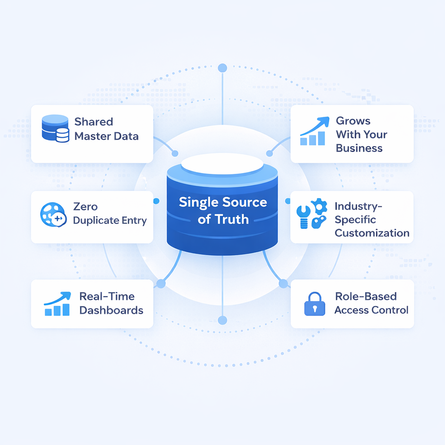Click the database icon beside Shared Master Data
click(x=55, y=129)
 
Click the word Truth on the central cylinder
click(x=232, y=219)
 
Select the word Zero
click(x=86, y=206)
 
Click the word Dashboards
click(x=111, y=310)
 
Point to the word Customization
click(x=372, y=233)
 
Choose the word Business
click(x=359, y=148)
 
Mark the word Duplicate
click(x=96, y=220)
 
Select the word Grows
click(x=353, y=121)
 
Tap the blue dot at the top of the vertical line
click(x=222, y=68)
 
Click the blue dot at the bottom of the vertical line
click(x=222, y=321)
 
